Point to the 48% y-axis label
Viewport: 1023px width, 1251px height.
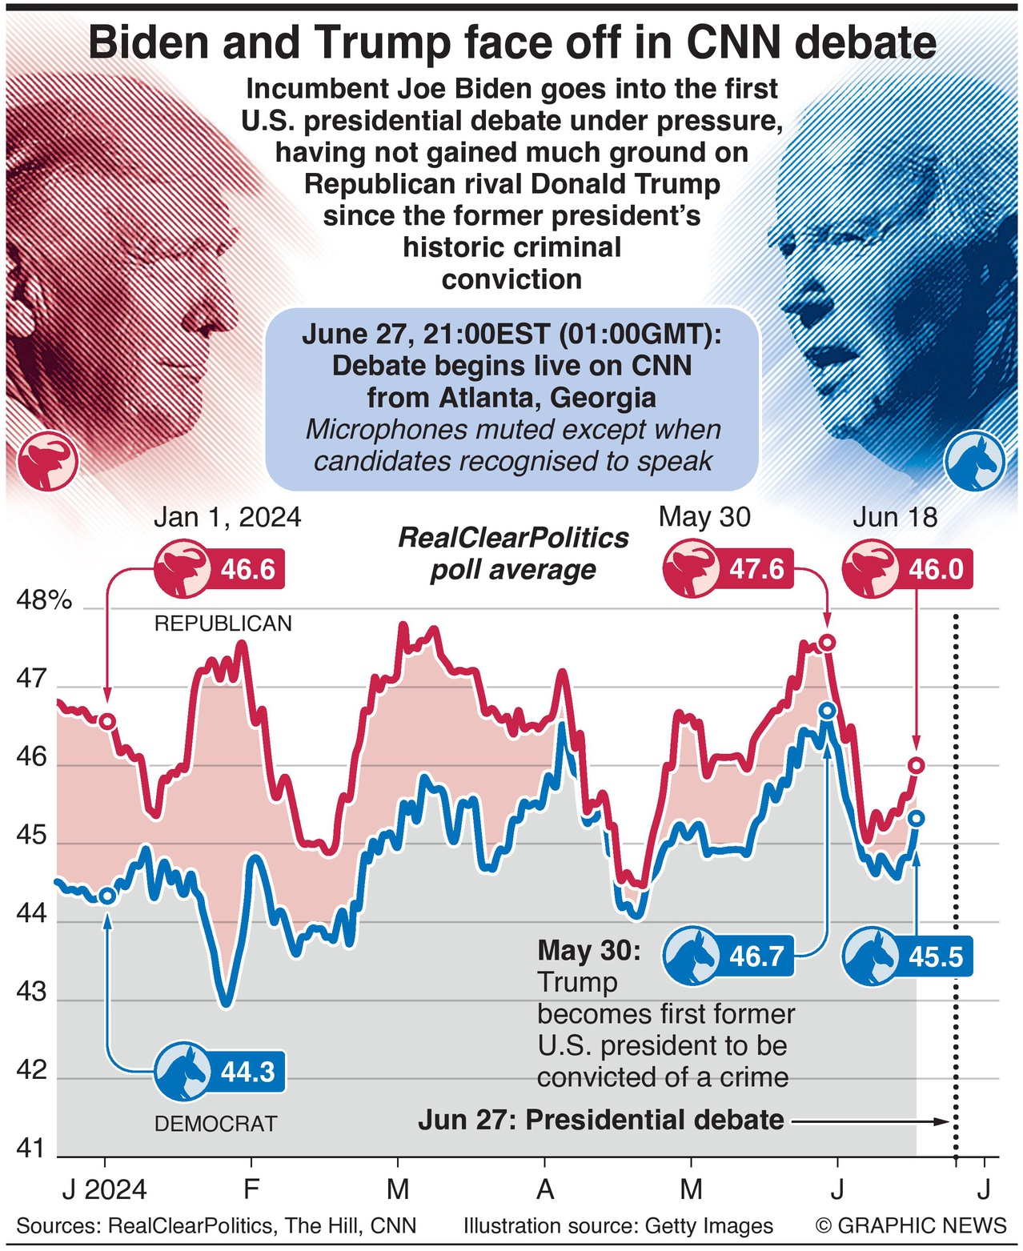point(44,600)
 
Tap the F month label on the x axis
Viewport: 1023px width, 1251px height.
point(251,1189)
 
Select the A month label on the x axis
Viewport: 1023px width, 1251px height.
point(545,1189)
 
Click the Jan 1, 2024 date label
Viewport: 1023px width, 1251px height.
point(227,517)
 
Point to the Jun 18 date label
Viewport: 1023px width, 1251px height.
point(894,517)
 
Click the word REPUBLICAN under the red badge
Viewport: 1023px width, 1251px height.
point(223,623)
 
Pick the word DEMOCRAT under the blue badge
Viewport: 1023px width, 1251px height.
point(215,1124)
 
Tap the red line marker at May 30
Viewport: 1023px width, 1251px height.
point(828,642)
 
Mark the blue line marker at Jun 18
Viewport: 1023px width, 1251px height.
point(917,818)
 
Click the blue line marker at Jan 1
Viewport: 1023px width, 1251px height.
point(106,896)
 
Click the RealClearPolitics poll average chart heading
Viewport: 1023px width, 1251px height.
point(513,553)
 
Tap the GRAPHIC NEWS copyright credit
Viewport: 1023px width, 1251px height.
point(911,1225)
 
